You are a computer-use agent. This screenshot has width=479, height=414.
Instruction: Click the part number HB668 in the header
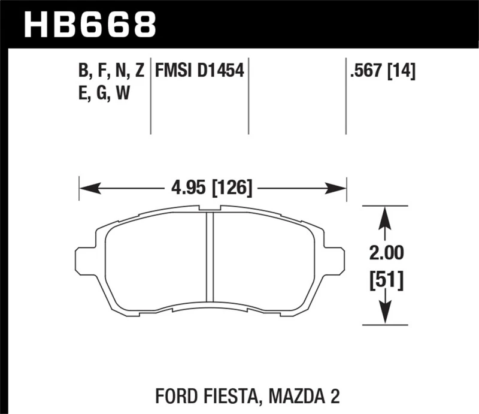pyautogui.click(x=89, y=25)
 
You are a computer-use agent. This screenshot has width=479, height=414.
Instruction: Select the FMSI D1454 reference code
pyautogui.click(x=199, y=72)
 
